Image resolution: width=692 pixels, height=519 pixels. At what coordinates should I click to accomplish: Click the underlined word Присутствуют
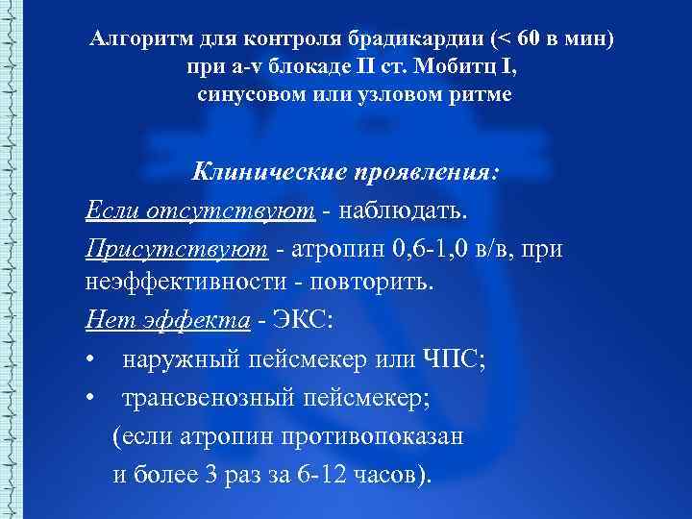click(x=175, y=248)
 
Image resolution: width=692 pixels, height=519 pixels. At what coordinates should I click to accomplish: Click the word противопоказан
click(x=372, y=436)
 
